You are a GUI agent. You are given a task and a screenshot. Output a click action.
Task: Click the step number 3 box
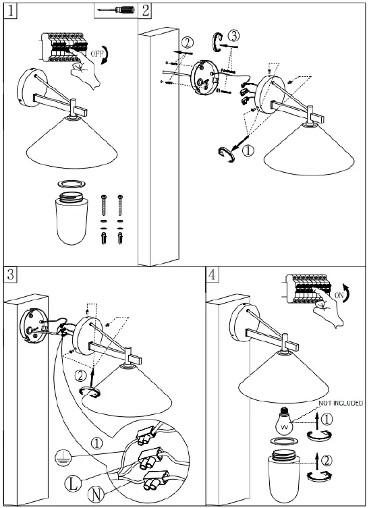10,274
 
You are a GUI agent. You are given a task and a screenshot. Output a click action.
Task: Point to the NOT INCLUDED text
339,403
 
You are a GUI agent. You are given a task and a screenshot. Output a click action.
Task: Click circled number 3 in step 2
233,34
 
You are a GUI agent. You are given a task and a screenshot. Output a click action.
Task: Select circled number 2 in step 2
188,42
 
